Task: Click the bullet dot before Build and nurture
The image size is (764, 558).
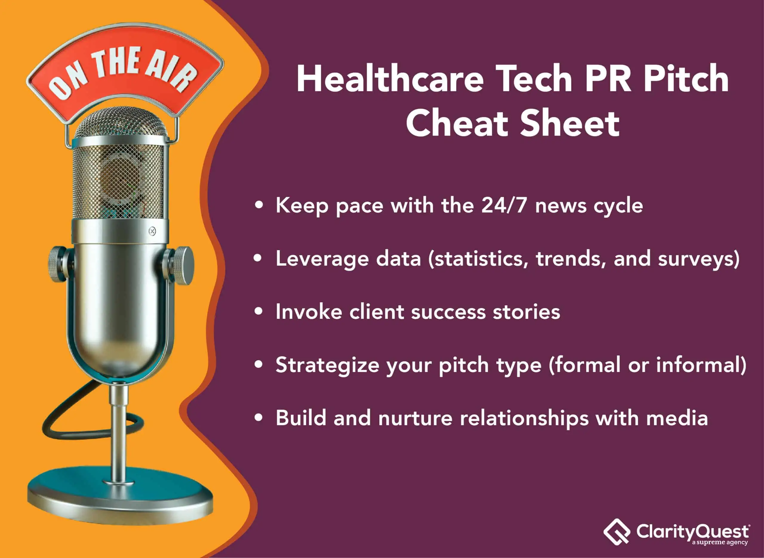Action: point(259,418)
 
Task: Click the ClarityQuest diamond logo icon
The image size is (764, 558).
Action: point(617,532)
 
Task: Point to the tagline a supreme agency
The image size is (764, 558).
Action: point(720,542)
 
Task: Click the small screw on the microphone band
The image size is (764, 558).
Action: point(152,231)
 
